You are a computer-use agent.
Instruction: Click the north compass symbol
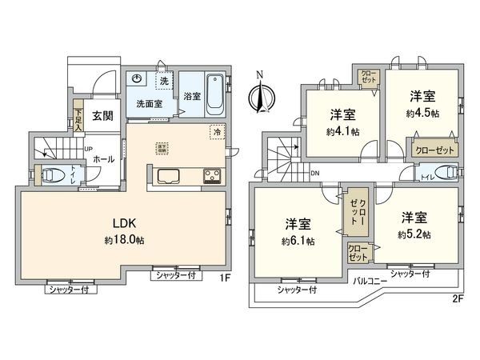point(258,95)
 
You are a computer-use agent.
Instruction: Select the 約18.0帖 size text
point(123,240)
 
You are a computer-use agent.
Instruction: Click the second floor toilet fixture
point(444,172)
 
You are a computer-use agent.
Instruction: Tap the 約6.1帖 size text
point(298,240)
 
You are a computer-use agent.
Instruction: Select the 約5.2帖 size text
point(414,234)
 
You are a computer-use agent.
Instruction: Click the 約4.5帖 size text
point(422,114)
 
